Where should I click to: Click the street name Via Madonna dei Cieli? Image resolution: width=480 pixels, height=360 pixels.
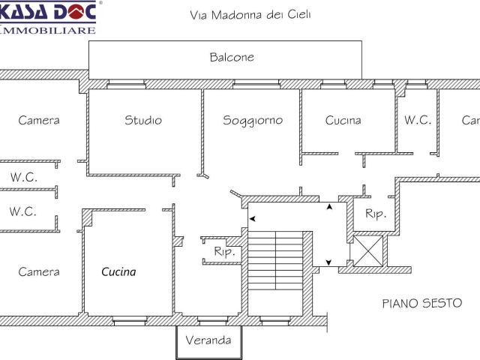pos(251,14)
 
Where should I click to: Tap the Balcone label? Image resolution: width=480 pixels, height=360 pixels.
pos(232,57)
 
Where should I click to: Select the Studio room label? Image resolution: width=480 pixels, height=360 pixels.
pos(143,120)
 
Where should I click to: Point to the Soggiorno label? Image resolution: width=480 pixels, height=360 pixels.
pos(253,120)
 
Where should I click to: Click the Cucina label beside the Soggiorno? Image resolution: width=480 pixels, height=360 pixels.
pos(343,120)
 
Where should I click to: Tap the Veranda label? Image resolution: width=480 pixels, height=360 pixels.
pos(208,340)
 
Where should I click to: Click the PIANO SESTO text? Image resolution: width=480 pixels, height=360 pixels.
pos(422,304)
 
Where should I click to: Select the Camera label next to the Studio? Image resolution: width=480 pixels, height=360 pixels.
pos(39,120)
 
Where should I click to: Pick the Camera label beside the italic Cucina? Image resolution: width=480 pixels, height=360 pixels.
pos(39,271)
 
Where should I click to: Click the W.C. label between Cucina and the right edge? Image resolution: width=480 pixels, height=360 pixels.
pos(418,120)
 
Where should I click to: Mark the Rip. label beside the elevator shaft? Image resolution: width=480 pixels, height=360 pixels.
pos(376,214)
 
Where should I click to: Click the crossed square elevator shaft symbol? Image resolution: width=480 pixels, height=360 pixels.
pos(368,250)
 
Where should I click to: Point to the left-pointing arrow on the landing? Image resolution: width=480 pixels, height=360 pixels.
pos(252,219)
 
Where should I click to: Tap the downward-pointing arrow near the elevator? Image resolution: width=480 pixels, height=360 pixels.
pos(329,262)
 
